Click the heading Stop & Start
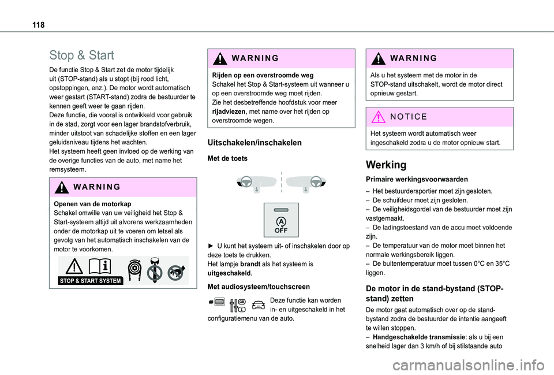click(x=81, y=55)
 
